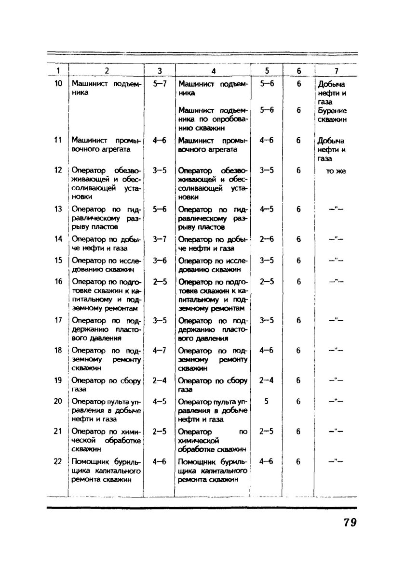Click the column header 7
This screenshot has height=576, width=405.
[336, 71]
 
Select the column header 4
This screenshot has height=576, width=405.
[213, 71]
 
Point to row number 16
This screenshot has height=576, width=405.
[58, 281]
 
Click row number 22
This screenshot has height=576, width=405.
[58, 461]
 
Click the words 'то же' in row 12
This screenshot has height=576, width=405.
[336, 170]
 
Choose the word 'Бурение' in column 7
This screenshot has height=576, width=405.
[333, 110]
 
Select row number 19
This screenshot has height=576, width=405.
[58, 380]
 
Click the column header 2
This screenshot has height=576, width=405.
[107, 71]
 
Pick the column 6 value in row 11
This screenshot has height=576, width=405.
[299, 140]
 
